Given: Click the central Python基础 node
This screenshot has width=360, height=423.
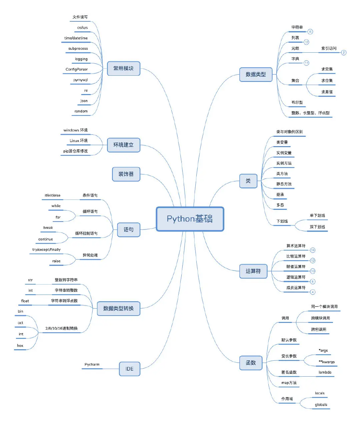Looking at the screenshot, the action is (x=190, y=219).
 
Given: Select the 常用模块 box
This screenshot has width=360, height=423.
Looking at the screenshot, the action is (x=123, y=68).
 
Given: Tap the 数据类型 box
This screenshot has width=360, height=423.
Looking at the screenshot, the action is (x=256, y=74).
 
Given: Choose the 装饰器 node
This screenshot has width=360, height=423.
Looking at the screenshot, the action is (x=126, y=174).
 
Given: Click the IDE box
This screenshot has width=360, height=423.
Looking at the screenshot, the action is (x=129, y=369).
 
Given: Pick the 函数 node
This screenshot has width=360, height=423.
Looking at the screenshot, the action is (x=251, y=363).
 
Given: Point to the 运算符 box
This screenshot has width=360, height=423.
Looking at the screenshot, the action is (x=253, y=271).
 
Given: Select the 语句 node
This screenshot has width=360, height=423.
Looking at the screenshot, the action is (x=128, y=230).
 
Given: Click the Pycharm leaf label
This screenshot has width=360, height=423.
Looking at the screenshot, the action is (x=92, y=365).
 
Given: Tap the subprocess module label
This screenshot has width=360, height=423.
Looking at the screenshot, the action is (x=78, y=49).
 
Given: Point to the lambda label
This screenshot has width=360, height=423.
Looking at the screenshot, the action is (x=325, y=372).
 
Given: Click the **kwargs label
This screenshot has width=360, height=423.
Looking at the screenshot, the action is (x=327, y=362).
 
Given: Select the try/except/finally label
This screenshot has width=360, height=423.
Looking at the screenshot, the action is (x=46, y=250).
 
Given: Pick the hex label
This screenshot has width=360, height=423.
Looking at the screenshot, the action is (x=20, y=346).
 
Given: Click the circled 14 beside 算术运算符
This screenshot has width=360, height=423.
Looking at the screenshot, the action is (x=313, y=250).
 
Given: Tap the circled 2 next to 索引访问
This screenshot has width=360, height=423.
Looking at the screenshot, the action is (x=344, y=53).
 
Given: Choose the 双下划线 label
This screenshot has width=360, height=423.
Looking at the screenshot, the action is (x=317, y=227).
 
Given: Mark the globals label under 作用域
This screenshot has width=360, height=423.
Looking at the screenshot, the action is (x=321, y=405).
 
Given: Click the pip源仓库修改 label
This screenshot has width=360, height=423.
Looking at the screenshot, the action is (x=76, y=151).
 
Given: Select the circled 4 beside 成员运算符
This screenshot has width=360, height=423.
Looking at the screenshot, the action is (x=313, y=292).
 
